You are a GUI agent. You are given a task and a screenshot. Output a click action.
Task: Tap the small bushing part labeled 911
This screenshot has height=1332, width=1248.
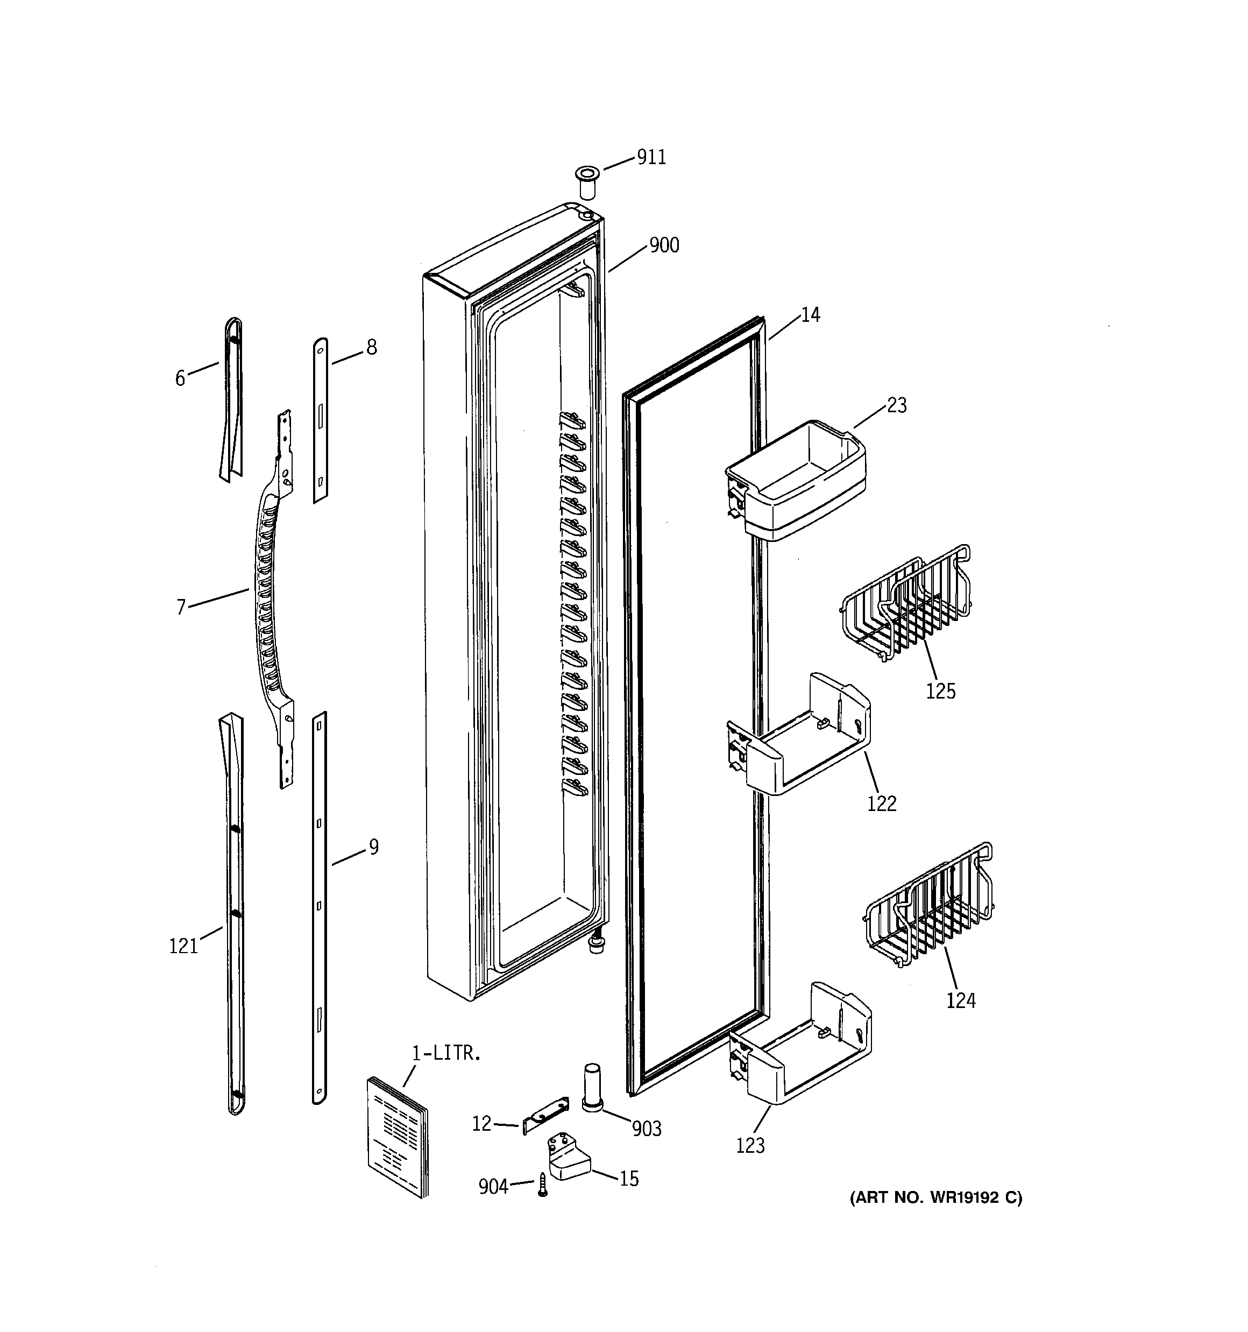coord(587,181)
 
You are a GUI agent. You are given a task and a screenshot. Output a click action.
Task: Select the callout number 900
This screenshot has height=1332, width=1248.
coord(664,245)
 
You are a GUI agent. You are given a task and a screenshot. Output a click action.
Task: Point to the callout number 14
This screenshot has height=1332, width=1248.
coord(810,314)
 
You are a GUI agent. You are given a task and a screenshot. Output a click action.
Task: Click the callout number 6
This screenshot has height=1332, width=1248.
coord(180,378)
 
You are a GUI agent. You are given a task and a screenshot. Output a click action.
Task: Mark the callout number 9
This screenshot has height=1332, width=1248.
coord(373,847)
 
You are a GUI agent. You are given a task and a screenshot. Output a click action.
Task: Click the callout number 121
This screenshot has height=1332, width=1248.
coord(183,946)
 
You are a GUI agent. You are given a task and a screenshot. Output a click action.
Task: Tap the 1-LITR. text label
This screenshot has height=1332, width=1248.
coord(445,1053)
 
